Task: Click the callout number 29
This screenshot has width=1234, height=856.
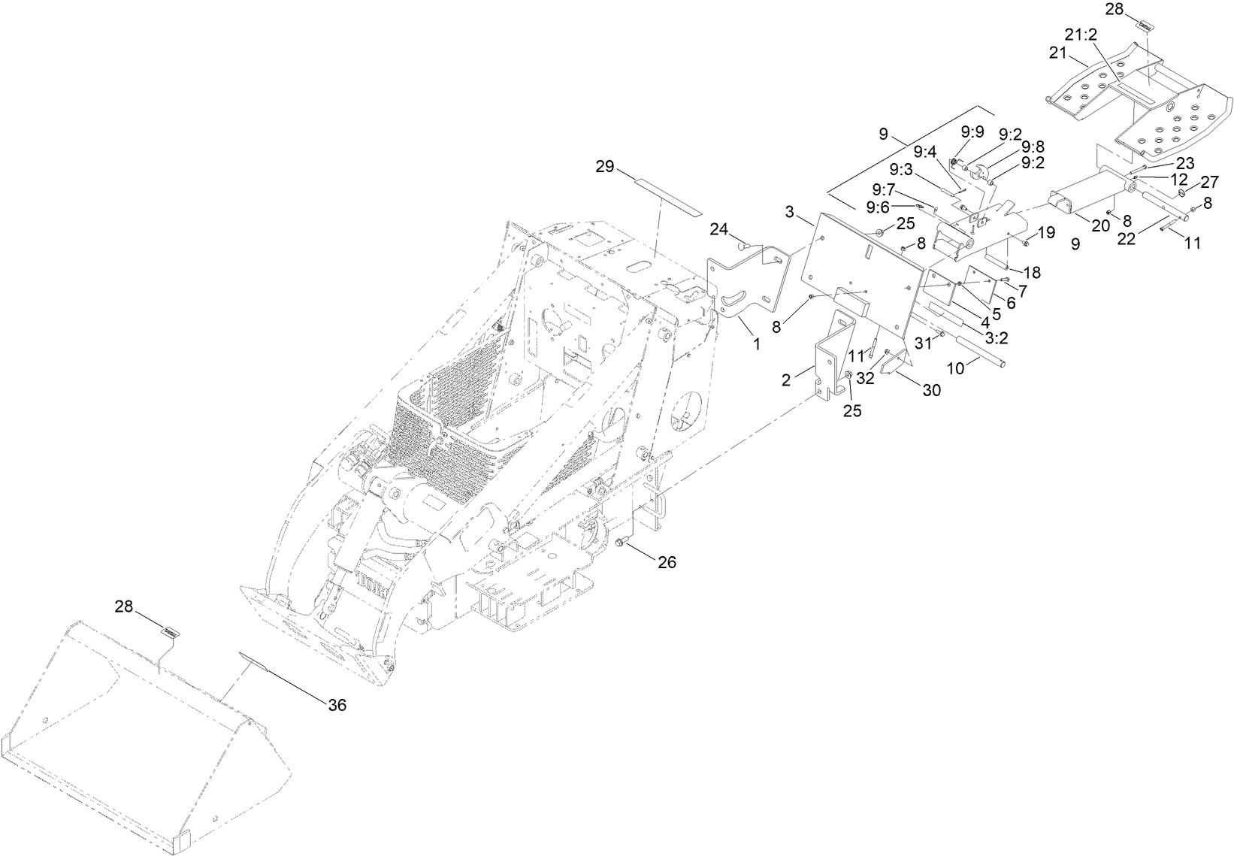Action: [x=606, y=167]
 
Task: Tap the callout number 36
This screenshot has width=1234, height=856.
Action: [x=337, y=704]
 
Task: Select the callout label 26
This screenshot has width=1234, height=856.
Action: [x=667, y=562]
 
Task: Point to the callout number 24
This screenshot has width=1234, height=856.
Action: [x=720, y=229]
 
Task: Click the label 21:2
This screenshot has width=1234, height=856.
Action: [x=1080, y=34]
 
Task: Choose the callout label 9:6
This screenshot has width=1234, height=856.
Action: [x=879, y=207]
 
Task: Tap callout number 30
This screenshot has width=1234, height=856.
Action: [x=932, y=390]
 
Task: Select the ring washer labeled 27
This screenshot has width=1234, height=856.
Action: [x=1182, y=194]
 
